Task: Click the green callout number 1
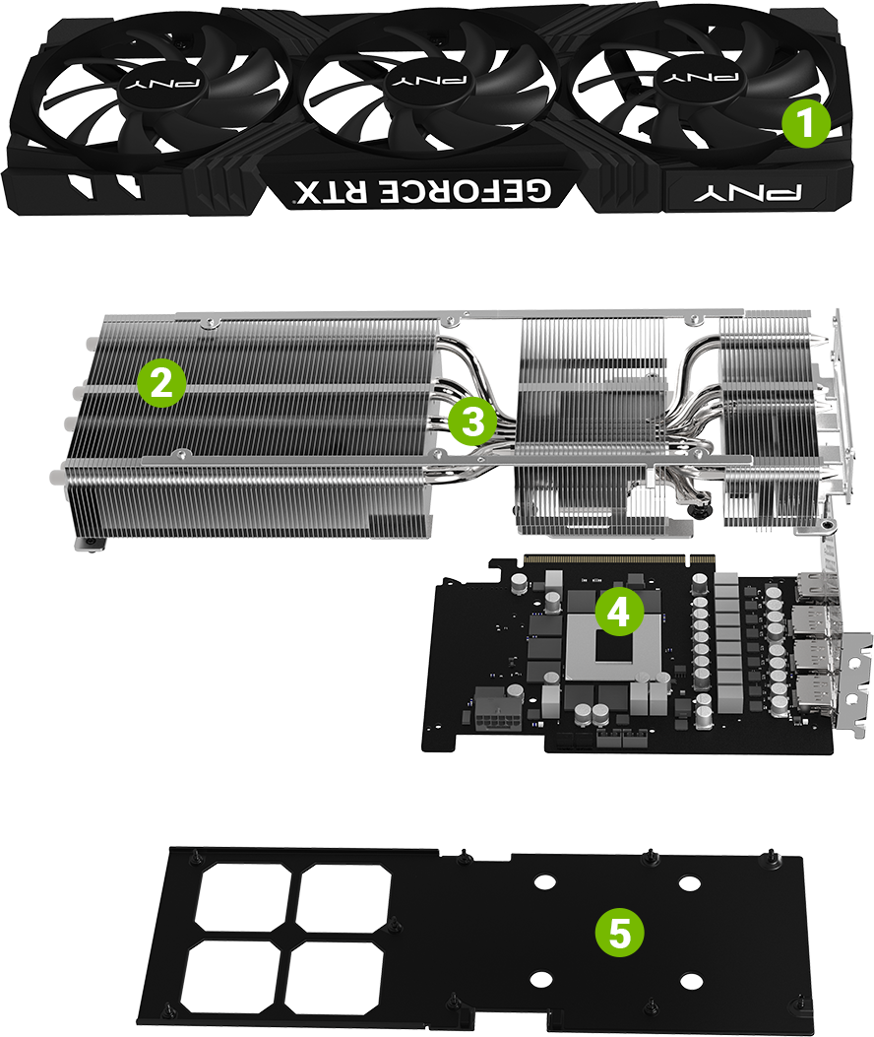coord(805,125)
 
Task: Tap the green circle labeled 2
coord(161,383)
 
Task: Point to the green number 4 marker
coord(617,613)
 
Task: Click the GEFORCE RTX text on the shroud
coord(423,190)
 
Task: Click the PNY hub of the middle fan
coord(429,78)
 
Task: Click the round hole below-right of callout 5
coord(691,981)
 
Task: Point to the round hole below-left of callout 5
coord(540,979)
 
